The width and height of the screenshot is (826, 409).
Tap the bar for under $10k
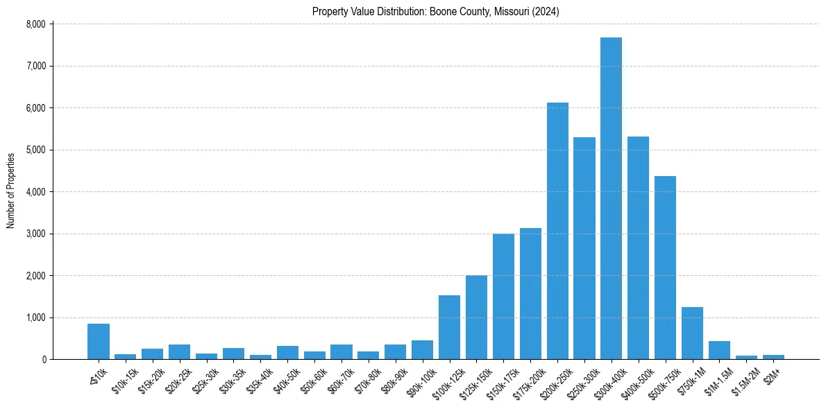(98, 341)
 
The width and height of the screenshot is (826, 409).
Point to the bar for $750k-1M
(692, 333)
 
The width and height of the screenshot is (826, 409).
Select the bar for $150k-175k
(503, 297)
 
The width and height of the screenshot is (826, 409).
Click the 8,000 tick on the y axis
(35, 24)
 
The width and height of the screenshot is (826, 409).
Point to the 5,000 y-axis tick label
(35, 150)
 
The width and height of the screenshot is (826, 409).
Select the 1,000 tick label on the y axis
(35, 317)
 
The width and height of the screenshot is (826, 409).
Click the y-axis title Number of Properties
(11, 191)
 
